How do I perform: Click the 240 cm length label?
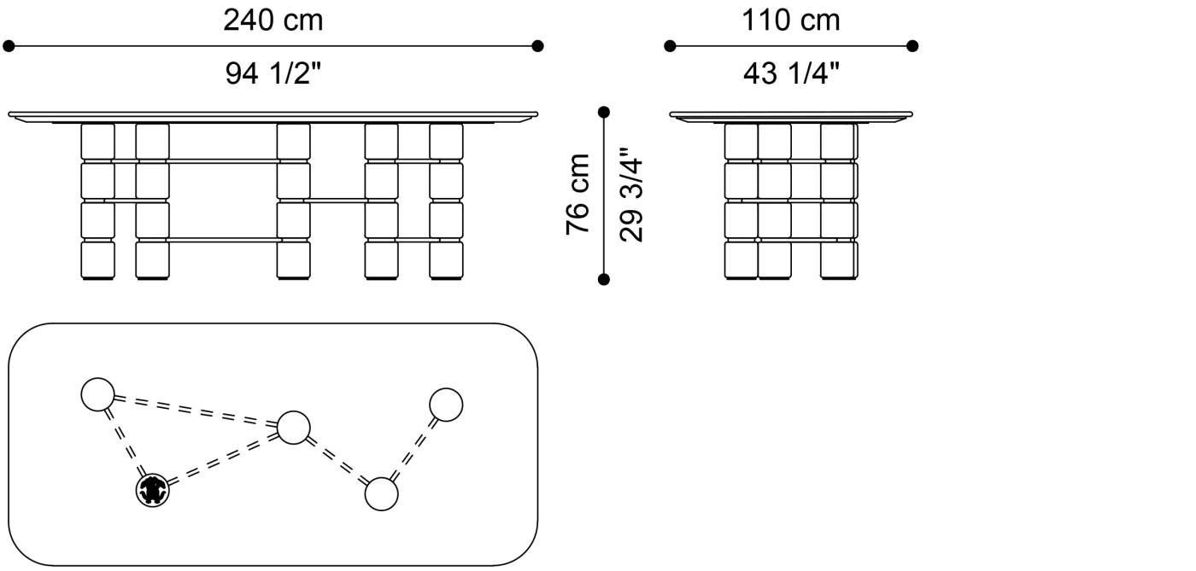pyautogui.click(x=273, y=20)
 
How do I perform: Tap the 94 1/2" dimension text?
pyautogui.click(x=273, y=73)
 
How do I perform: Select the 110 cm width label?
pyautogui.click(x=791, y=20)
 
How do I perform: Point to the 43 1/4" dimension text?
pyautogui.click(x=791, y=73)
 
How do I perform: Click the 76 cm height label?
pyautogui.click(x=577, y=195)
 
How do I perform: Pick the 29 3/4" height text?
pyautogui.click(x=631, y=195)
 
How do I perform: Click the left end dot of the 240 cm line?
pyautogui.click(x=9, y=46)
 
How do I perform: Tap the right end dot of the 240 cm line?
pyautogui.click(x=537, y=46)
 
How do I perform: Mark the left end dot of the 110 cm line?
pyautogui.click(x=670, y=46)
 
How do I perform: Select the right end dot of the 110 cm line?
pyautogui.click(x=912, y=46)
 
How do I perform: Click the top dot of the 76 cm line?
pyautogui.click(x=604, y=112)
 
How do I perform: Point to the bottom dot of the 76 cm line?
pyautogui.click(x=604, y=279)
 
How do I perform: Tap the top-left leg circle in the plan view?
pyautogui.click(x=97, y=395)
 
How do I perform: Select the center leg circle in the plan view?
pyautogui.click(x=294, y=428)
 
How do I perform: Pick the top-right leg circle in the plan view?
pyautogui.click(x=446, y=405)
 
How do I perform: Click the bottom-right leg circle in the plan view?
pyautogui.click(x=381, y=494)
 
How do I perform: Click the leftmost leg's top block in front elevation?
pyautogui.click(x=97, y=142)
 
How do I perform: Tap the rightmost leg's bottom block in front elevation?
pyautogui.click(x=446, y=259)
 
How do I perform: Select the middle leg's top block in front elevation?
pyautogui.click(x=294, y=142)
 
